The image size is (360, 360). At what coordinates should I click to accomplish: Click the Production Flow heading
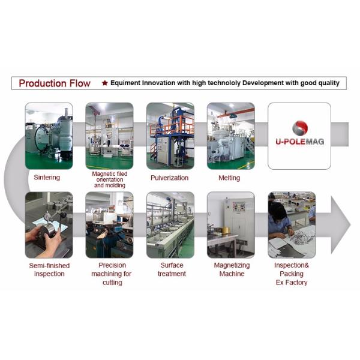coord(55,83)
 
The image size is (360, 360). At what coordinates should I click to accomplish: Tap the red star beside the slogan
coord(104,83)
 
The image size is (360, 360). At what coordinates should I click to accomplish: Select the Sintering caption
coord(47,178)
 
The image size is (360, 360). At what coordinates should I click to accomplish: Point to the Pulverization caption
coord(169,178)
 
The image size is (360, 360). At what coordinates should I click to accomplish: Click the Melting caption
coord(229,178)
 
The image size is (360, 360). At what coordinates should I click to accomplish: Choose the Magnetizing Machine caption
coord(232,269)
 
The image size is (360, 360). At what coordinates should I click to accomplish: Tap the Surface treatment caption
coord(172,269)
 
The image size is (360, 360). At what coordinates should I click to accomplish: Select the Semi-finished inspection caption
coord(49,269)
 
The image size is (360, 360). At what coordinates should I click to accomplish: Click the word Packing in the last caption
coord(292,274)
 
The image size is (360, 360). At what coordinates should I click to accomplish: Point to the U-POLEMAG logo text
coord(299,142)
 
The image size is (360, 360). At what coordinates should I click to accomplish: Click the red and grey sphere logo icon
coord(300,128)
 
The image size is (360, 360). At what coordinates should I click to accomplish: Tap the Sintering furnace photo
coord(49,136)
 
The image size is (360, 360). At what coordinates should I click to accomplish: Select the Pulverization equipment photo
coord(170,136)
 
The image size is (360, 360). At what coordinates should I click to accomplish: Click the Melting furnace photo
coord(231,136)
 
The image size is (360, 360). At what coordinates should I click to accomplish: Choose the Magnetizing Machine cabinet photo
coord(231,225)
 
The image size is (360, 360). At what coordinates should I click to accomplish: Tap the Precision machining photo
coord(109,225)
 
